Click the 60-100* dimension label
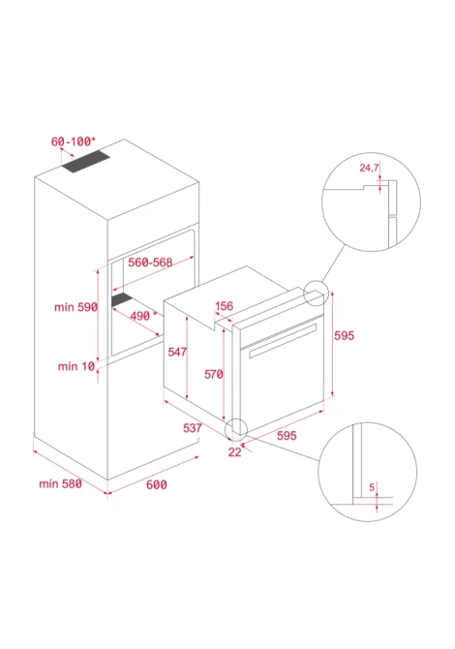click(74, 141)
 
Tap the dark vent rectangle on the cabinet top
click(86, 162)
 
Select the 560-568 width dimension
click(150, 262)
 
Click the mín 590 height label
click(76, 307)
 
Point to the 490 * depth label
click(143, 316)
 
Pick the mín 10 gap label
click(76, 366)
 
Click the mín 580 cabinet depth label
click(60, 483)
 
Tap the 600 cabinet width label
click(157, 484)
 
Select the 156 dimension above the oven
click(225, 306)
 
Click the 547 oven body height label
click(177, 352)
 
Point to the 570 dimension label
click(214, 374)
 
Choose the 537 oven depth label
click(193, 428)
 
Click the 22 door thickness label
click(234, 452)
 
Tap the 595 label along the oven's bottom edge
click(287, 436)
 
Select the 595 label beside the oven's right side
click(344, 335)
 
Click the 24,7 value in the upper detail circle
click(369, 168)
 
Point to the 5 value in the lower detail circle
click(372, 487)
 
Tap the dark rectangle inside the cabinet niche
click(122, 299)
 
